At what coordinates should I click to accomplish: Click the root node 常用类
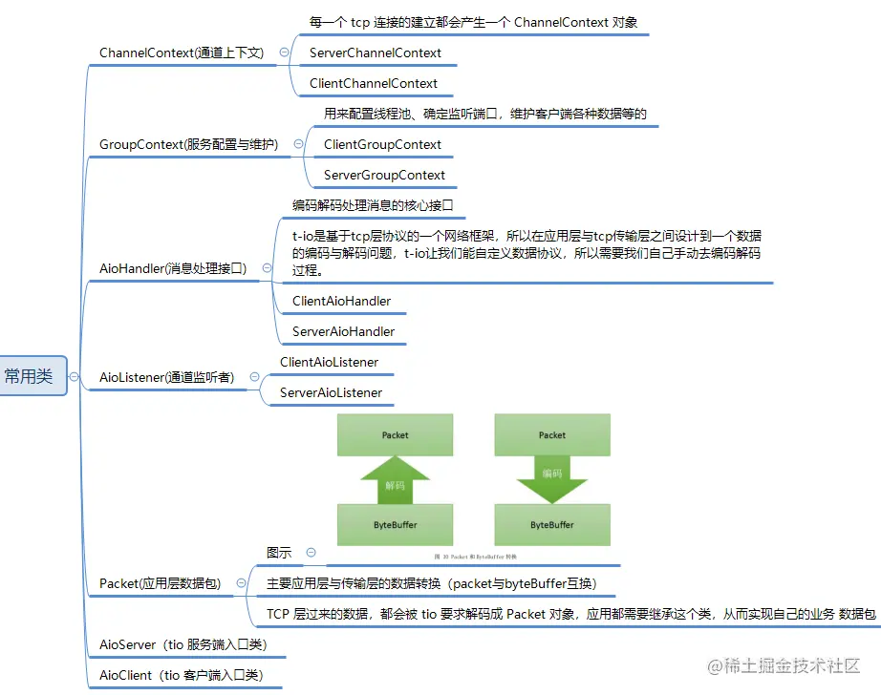pos(30,376)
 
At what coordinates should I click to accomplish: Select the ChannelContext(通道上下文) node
pos(182,53)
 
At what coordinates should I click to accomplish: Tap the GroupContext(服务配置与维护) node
pos(188,144)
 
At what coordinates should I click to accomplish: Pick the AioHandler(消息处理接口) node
pos(173,268)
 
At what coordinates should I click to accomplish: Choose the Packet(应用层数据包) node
pos(161,582)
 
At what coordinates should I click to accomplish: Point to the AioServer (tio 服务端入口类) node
pos(183,644)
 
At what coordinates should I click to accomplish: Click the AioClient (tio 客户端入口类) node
pos(183,675)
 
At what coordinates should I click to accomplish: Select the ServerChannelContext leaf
pos(376,53)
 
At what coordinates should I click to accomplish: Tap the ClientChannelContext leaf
pos(374,83)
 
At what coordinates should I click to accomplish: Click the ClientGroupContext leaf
pos(382,144)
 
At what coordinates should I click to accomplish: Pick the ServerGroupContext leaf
pos(384,175)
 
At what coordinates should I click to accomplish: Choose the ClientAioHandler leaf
pos(341,301)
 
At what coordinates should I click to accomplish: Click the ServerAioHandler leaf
pos(343,331)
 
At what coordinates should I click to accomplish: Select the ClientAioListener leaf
pos(329,362)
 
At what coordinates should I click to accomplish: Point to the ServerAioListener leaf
pos(331,392)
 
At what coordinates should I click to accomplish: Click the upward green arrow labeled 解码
pos(395,478)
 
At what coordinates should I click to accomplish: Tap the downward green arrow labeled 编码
pos(552,477)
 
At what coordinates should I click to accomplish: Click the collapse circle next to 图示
pos(311,553)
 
